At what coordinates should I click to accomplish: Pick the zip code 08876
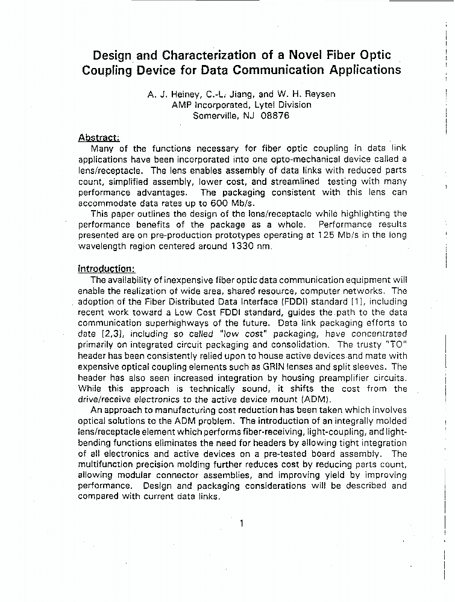point(275,116)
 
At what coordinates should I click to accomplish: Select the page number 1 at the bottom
point(242,523)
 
